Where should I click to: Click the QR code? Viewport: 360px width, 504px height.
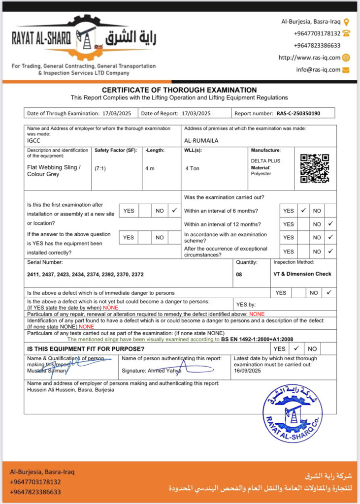(315, 168)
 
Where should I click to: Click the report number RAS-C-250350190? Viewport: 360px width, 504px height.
(298, 113)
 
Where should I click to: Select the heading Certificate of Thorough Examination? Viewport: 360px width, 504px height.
(179, 90)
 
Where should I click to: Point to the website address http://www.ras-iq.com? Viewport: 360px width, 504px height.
(309, 58)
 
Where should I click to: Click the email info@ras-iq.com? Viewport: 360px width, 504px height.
(318, 70)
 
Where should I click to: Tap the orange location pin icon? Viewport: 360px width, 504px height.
(346, 22)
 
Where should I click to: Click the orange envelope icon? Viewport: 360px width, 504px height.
(346, 70)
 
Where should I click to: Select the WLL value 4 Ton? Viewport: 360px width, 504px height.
(192, 168)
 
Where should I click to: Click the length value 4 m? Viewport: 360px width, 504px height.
(150, 168)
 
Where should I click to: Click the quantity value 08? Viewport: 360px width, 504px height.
(239, 275)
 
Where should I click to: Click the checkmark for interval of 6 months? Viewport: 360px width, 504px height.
(303, 210)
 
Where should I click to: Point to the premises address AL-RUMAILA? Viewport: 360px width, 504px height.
(201, 140)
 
